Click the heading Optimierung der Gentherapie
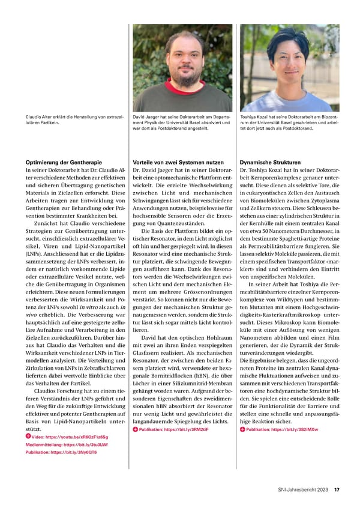point(62,162)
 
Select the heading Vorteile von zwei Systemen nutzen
point(173,162)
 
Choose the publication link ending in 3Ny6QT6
point(61,469)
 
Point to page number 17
point(337,489)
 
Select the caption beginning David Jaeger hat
point(182,122)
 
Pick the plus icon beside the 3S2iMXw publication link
point(242,446)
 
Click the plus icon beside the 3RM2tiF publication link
point(135,446)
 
